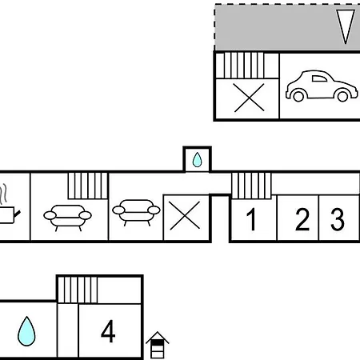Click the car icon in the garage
[322, 86]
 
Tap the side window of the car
[319, 78]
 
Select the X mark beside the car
[249, 98]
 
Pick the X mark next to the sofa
[185, 215]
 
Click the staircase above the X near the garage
[244, 66]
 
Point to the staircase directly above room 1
[251, 186]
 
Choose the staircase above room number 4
[78, 290]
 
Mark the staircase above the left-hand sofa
[88, 186]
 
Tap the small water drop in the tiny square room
[197, 160]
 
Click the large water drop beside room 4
[26, 331]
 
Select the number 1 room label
[251, 219]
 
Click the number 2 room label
[302, 219]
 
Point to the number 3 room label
[338, 219]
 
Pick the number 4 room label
[108, 331]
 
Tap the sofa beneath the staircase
[67, 218]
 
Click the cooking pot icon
[8, 214]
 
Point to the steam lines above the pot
[3, 194]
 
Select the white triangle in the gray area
[346, 26]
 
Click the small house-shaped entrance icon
[158, 345]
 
